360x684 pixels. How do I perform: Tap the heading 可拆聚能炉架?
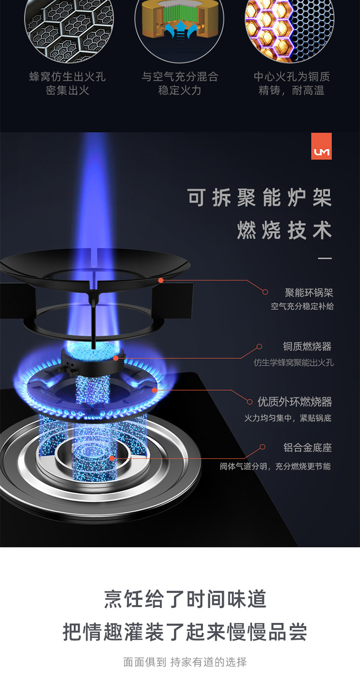(260, 198)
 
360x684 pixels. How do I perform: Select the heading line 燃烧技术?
(284, 231)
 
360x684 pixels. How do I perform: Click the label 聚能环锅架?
(309, 293)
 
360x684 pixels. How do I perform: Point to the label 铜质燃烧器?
(307, 346)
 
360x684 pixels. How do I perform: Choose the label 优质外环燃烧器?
(295, 402)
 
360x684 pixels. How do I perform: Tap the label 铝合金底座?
(307, 448)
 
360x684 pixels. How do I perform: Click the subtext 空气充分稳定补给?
(302, 306)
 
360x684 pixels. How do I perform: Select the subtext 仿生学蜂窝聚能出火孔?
(293, 363)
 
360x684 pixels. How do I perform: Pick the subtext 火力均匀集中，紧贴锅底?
(288, 418)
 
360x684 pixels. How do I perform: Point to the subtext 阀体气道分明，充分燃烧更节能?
(275, 466)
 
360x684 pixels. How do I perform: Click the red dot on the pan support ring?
(161, 280)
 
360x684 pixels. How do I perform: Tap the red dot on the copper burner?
(116, 358)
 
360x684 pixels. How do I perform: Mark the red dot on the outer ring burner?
(154, 390)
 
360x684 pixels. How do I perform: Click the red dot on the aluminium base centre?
(112, 458)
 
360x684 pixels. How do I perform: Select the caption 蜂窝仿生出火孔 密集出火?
(67, 84)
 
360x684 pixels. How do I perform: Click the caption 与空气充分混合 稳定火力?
(180, 84)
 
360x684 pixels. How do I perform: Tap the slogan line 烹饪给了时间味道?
(185, 599)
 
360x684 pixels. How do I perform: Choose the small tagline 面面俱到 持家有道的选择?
(185, 662)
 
